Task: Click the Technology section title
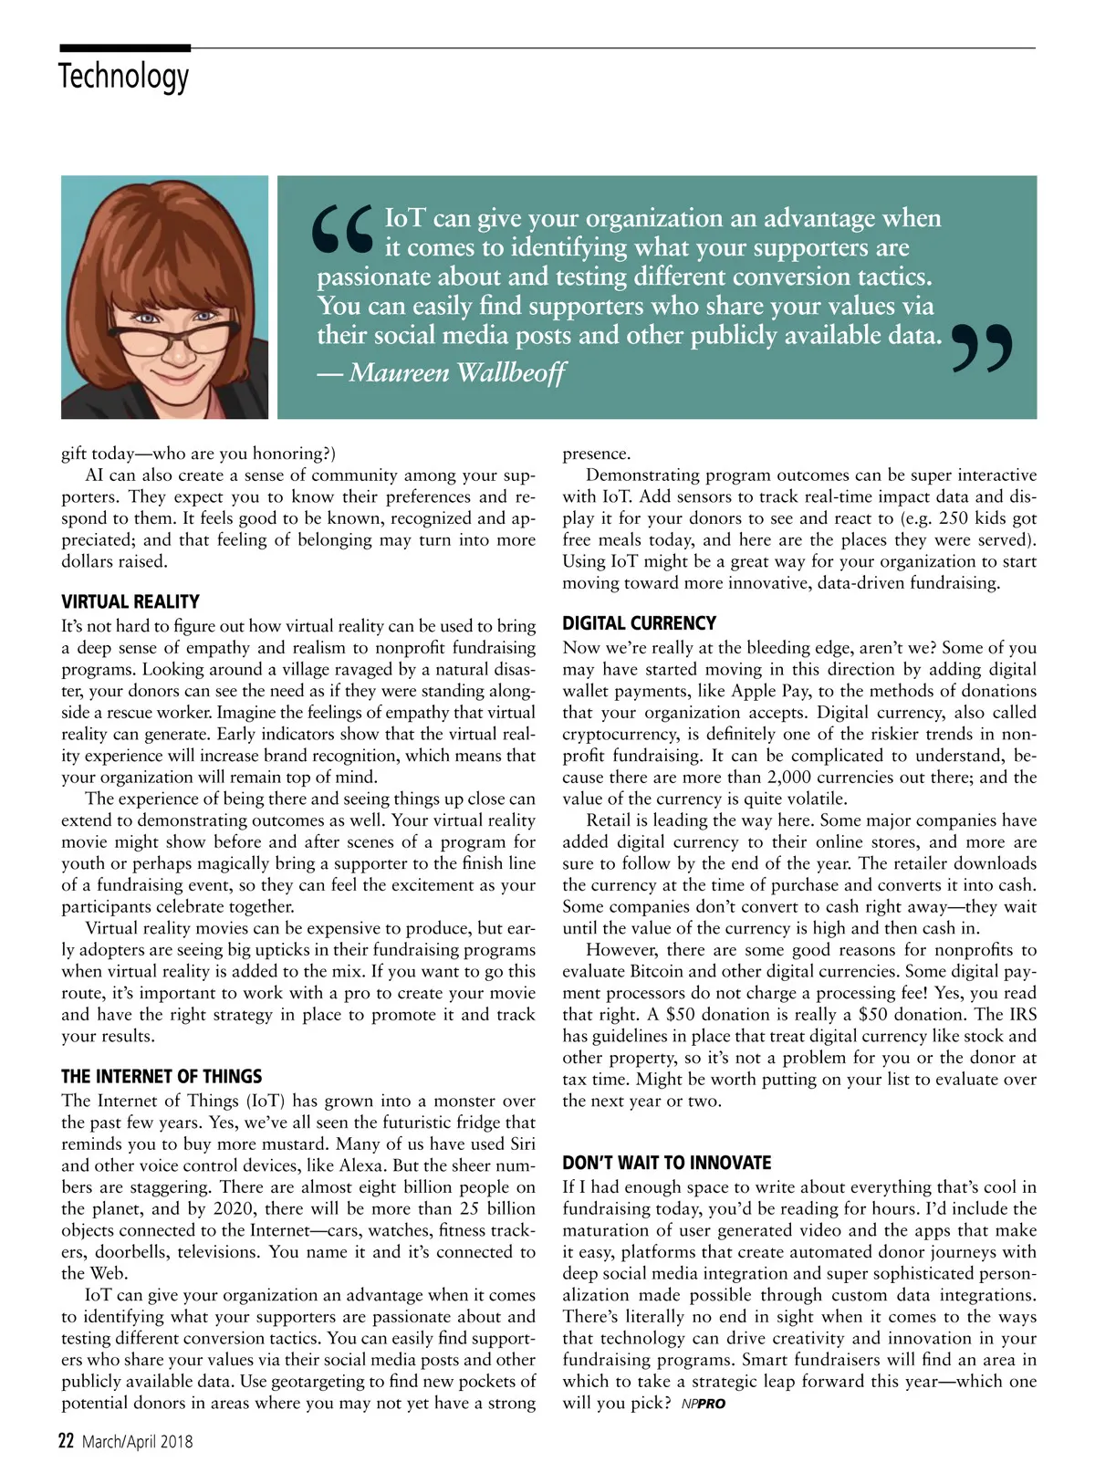coord(124,76)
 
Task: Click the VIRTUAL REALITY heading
coord(130,602)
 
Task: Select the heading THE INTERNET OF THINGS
coord(162,1077)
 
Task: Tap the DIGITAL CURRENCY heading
coord(639,624)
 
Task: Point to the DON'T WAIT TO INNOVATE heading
coord(666,1164)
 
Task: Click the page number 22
coord(66,1442)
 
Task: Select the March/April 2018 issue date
coord(138,1443)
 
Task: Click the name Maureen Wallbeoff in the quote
coord(456,372)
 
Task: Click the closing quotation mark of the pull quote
coord(982,347)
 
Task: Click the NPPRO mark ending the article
coord(703,1405)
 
